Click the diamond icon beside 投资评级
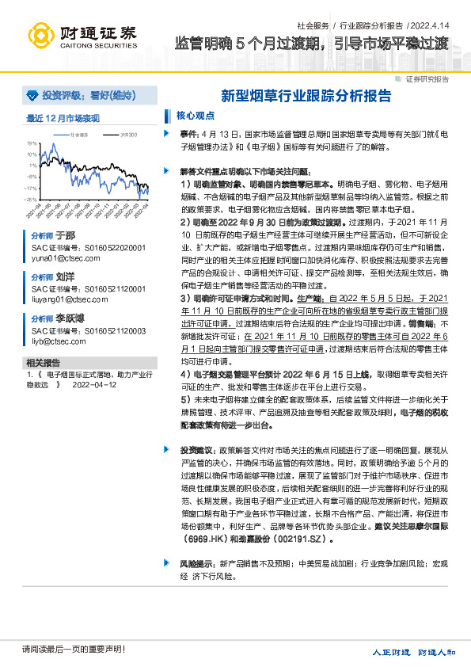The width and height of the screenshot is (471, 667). point(32,96)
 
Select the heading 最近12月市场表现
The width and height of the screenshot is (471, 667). point(63,118)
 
